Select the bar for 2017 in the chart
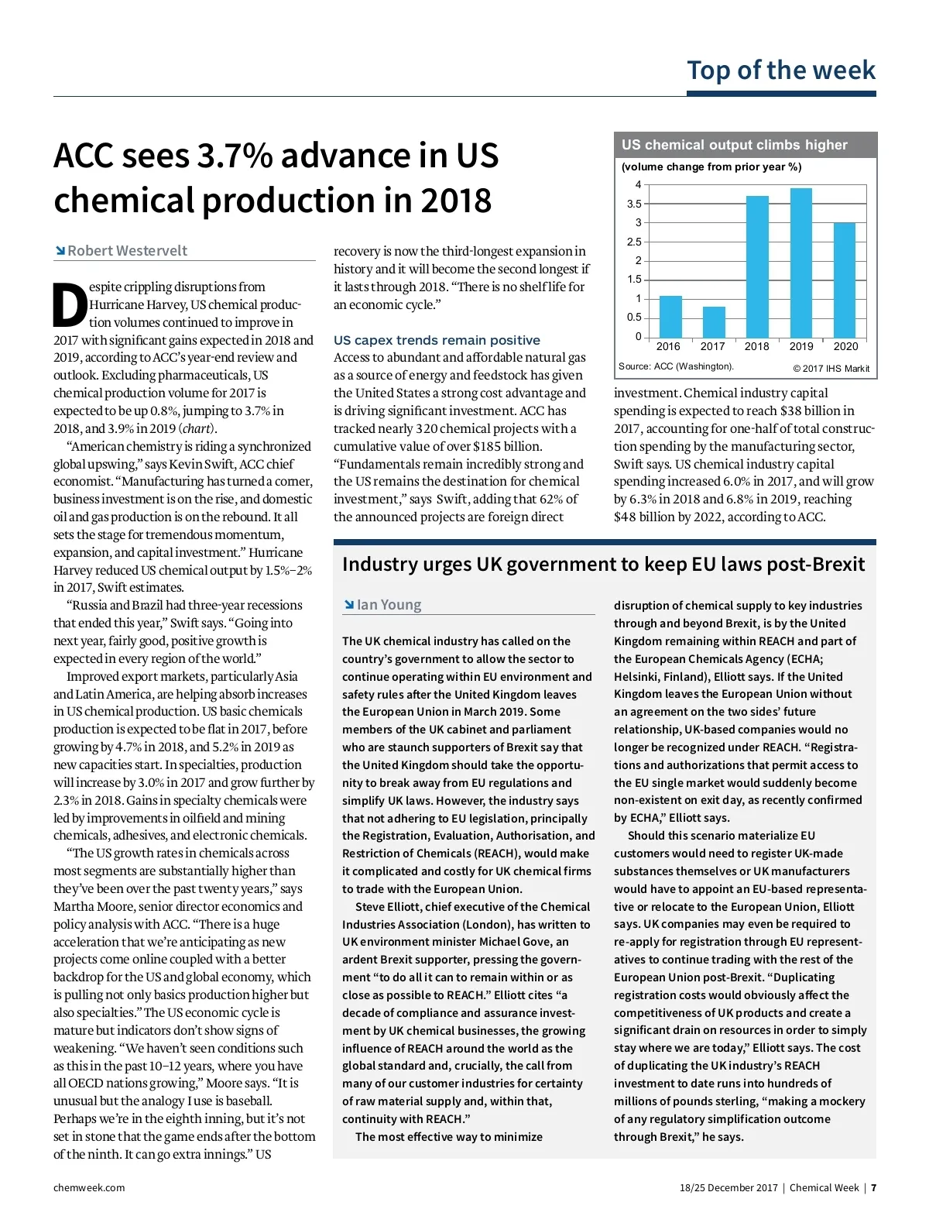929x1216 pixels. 713,321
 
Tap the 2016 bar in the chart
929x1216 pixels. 670,316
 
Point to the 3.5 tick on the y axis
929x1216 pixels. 634,204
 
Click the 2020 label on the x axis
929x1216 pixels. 845,346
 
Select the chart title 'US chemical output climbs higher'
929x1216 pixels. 734,145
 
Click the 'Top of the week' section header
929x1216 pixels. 781,70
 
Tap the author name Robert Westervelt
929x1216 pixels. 127,251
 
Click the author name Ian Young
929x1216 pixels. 389,605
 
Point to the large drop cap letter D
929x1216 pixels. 70,305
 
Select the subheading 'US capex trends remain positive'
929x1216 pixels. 437,340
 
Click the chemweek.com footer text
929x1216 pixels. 89,1187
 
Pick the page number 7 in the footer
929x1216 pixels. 873,1187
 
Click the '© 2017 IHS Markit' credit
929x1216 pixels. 831,369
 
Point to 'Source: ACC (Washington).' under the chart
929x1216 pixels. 676,366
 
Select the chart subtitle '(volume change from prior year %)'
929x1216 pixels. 711,167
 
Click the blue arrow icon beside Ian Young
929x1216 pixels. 348,605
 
